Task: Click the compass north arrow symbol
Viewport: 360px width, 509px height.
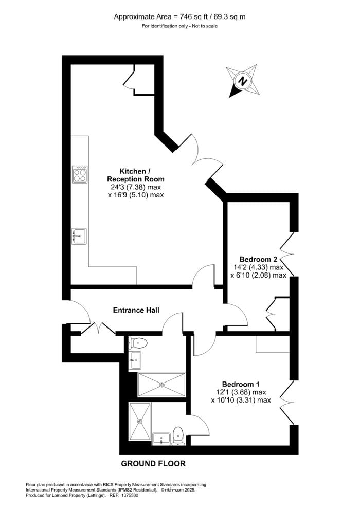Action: coord(243,81)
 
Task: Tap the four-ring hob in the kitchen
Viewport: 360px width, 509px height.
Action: coord(80,175)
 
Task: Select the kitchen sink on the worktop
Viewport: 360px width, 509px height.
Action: coord(79,236)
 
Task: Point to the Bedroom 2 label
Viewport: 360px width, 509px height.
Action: coord(258,259)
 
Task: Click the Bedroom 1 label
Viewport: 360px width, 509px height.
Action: coord(241,384)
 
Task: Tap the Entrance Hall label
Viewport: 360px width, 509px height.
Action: coord(136,311)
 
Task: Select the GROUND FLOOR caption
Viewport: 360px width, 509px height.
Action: coord(153,464)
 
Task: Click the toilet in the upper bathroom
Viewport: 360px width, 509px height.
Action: coord(138,342)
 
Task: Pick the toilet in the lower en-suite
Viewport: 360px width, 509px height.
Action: coord(178,435)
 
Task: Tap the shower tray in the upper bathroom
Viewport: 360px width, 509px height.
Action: coord(161,385)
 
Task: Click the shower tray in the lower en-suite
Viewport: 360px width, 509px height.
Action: coord(140,422)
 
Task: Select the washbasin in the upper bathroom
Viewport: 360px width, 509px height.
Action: coord(135,360)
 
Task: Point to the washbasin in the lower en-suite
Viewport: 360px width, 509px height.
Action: coord(161,439)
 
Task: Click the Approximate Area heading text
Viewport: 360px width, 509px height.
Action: coord(179,17)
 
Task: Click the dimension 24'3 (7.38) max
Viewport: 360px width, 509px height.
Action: coord(136,187)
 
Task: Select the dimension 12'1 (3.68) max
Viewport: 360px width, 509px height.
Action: coord(241,392)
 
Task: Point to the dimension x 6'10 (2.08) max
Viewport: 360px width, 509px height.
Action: coord(258,275)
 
